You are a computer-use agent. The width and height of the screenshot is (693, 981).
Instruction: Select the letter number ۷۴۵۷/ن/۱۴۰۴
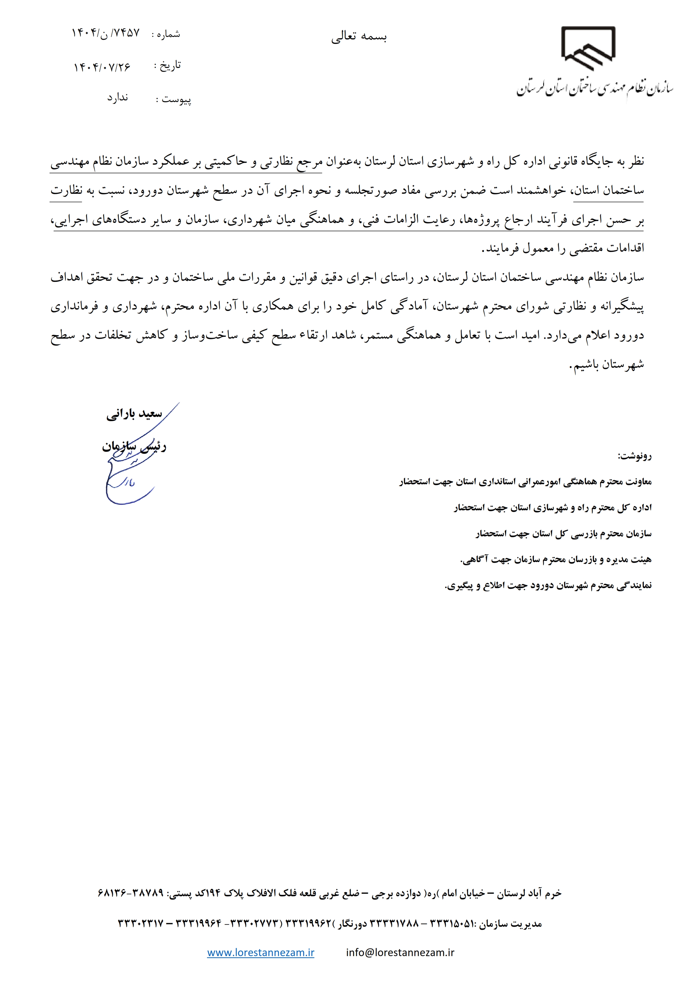(x=105, y=33)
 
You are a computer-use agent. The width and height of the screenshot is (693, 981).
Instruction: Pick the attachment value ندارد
(x=117, y=98)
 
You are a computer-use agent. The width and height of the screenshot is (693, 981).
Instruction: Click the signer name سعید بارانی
(x=134, y=414)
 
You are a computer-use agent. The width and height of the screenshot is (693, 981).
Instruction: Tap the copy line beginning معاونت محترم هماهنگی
(x=525, y=482)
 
